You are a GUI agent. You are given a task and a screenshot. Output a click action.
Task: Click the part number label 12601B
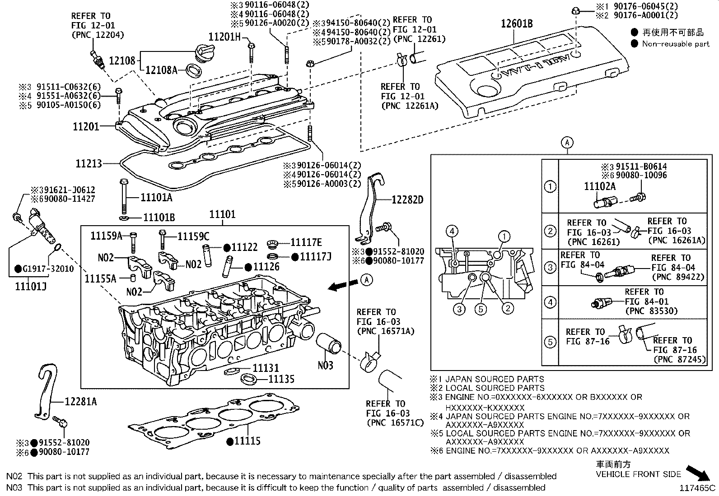click(x=516, y=23)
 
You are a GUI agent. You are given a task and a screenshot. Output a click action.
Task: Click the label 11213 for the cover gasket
click(x=89, y=163)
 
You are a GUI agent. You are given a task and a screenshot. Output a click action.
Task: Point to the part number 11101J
click(x=30, y=286)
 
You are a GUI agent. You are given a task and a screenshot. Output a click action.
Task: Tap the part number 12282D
click(x=407, y=199)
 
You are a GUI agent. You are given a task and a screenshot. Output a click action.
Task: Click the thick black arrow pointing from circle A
click(x=342, y=285)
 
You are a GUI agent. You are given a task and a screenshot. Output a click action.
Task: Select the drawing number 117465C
click(x=698, y=488)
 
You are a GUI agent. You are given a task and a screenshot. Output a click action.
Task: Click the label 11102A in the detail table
click(x=600, y=186)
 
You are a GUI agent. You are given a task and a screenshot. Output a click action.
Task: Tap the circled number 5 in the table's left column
click(x=550, y=342)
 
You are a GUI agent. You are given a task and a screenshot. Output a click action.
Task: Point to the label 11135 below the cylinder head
click(x=281, y=379)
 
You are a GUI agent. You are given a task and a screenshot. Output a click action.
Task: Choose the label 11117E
click(x=306, y=242)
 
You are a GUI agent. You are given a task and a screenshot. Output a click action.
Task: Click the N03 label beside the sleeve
click(x=325, y=365)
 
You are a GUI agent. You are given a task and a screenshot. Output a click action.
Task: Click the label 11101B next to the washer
click(x=159, y=218)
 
